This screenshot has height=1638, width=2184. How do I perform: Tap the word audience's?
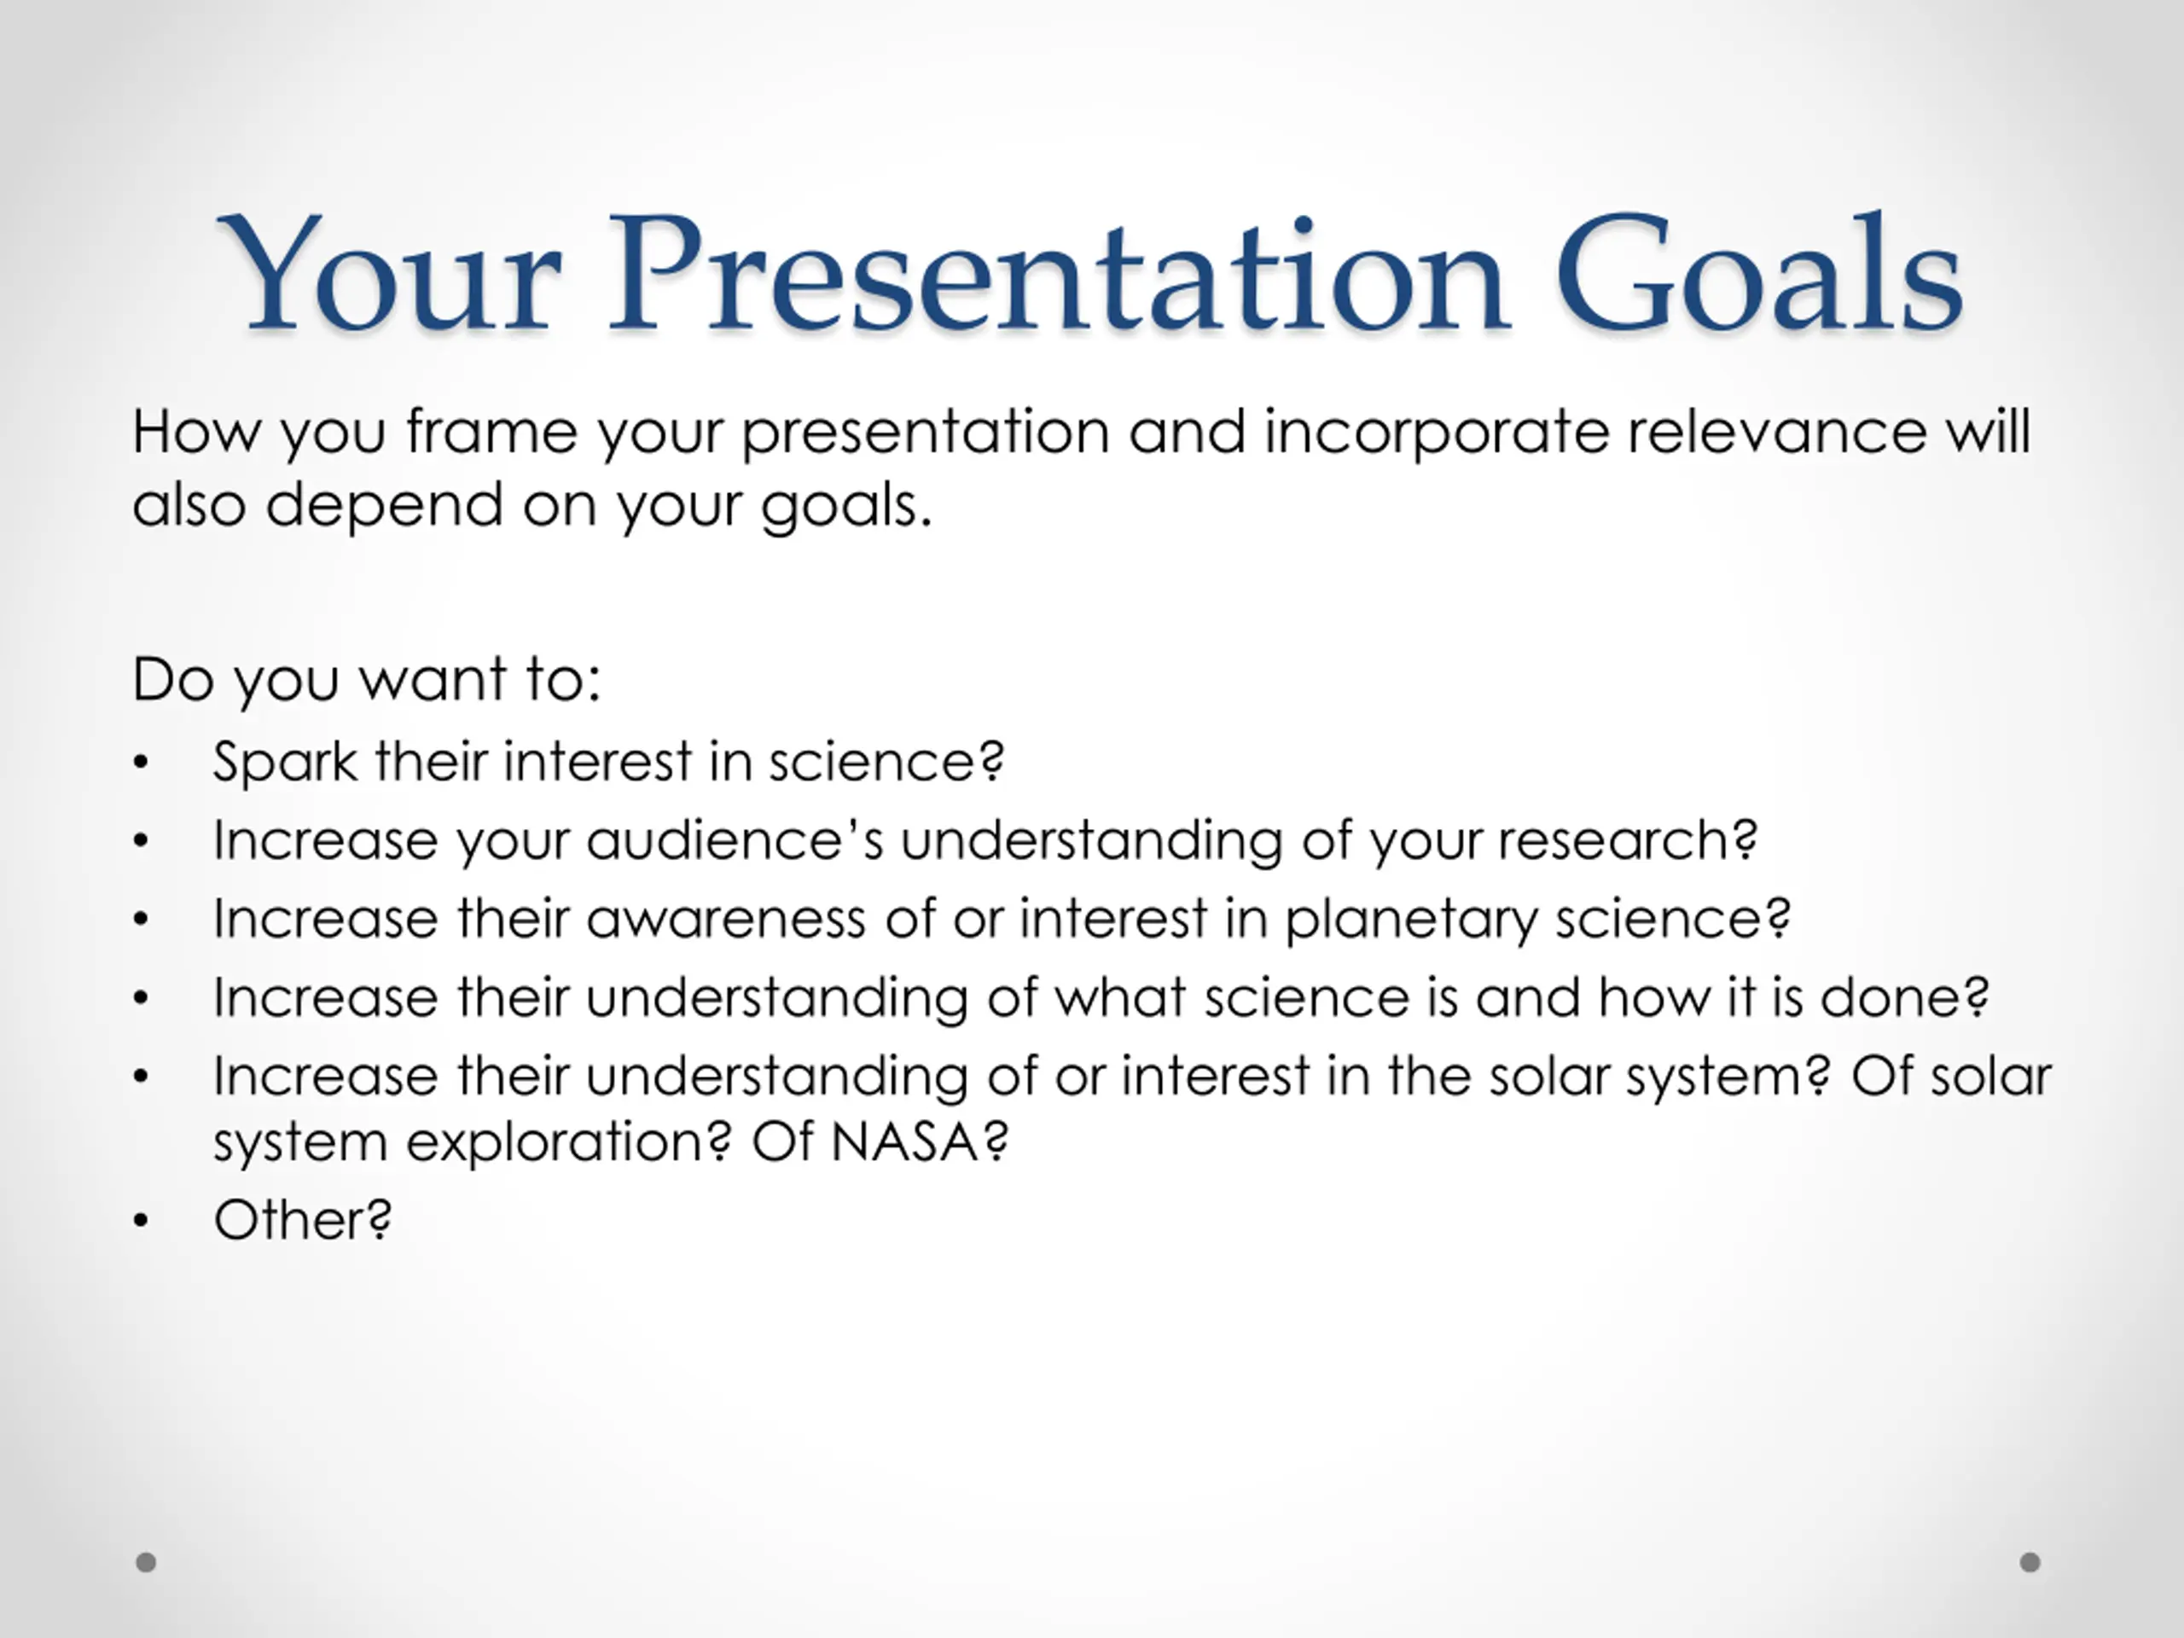[735, 841]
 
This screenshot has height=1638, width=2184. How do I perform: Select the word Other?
[290, 1220]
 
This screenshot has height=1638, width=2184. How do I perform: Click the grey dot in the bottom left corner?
[146, 1562]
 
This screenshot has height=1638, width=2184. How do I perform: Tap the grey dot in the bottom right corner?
[2030, 1562]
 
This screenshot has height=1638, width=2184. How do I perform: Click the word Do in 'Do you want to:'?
[174, 680]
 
